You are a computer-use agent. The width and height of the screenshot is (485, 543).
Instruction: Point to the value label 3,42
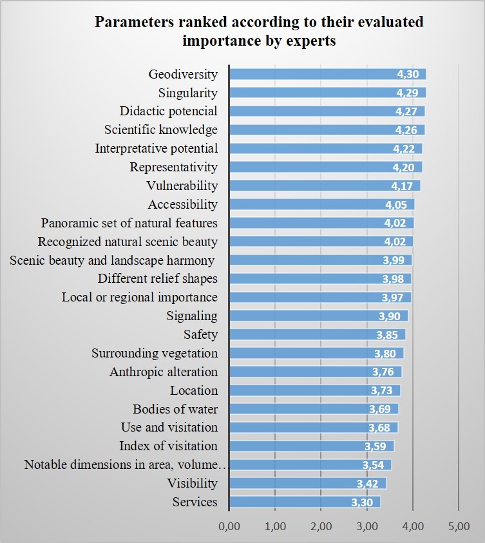(x=371, y=484)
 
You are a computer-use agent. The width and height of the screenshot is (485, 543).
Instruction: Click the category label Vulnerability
(x=182, y=186)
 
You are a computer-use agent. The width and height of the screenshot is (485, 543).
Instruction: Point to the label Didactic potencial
(x=168, y=111)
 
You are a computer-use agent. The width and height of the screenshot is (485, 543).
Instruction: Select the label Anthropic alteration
(x=164, y=372)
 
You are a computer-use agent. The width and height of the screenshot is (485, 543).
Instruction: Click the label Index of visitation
(x=168, y=446)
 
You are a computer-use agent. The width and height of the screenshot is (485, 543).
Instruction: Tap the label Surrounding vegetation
(x=155, y=354)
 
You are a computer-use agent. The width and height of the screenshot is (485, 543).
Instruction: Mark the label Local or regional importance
(x=140, y=298)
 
